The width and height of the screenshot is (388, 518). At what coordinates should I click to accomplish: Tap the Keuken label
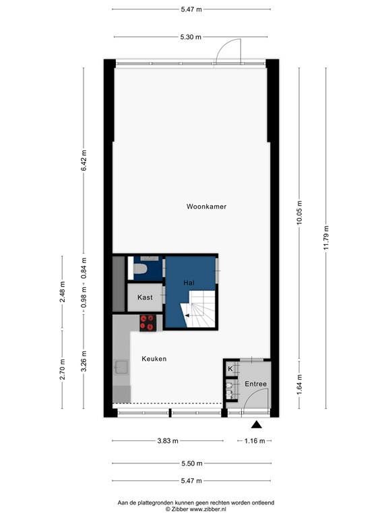tap(154, 359)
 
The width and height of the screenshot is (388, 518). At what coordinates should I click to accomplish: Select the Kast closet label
tap(145, 297)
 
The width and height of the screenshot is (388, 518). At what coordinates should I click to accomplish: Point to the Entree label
tap(255, 384)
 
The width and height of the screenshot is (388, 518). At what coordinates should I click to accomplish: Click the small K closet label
tap(230, 369)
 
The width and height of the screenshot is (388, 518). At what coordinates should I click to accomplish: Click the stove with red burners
tap(148, 323)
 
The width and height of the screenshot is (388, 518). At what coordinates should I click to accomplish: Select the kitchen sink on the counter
tap(122, 368)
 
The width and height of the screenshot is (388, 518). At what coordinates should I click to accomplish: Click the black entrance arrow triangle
tap(256, 424)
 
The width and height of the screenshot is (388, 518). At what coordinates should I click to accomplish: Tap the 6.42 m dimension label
tap(84, 160)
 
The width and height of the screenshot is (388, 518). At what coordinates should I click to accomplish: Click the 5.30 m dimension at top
tap(191, 37)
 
